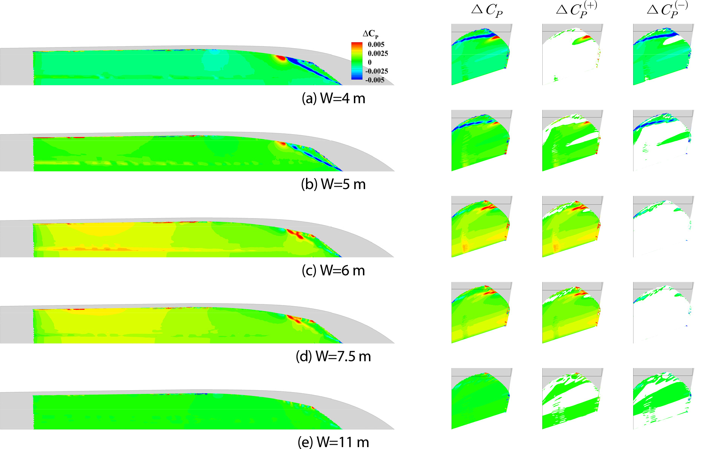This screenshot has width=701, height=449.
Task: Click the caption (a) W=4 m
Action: pyautogui.click(x=334, y=98)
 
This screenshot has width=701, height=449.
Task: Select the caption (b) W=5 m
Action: pyautogui.click(x=334, y=184)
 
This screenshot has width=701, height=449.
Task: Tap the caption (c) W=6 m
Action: pyautogui.click(x=334, y=270)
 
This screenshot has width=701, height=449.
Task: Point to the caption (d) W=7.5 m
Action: pyautogui.click(x=334, y=356)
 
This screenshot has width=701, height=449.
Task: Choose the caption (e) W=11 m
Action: pyautogui.click(x=334, y=442)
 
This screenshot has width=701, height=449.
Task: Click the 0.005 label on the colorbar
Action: pyautogui.click(x=376, y=44)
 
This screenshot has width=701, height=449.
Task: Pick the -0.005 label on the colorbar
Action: pyautogui.click(x=375, y=80)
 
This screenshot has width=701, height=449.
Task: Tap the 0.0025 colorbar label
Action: pyautogui.click(x=378, y=53)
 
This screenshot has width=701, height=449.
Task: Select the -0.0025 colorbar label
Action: pyautogui.click(x=377, y=71)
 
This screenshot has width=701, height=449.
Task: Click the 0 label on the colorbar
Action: pyautogui.click(x=370, y=62)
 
